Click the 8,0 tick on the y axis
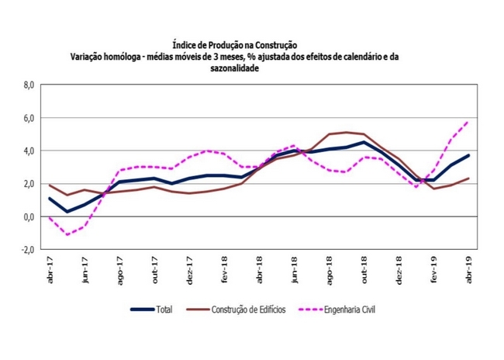[29, 85]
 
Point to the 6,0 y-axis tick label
[29, 118]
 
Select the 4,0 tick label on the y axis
[29, 151]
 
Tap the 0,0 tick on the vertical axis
[29, 216]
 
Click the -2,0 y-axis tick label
[27, 250]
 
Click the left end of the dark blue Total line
[49, 199]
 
